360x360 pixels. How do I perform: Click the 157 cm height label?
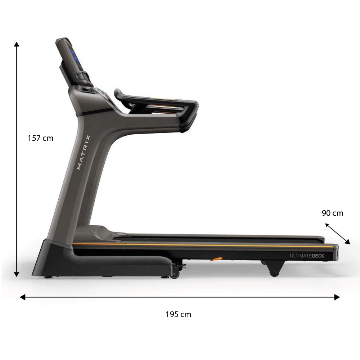point(40,138)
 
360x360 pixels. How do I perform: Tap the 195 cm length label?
point(178,314)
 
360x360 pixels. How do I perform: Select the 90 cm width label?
point(332,213)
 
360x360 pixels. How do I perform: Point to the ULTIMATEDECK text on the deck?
point(307,256)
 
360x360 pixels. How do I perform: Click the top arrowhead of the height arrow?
point(16,44)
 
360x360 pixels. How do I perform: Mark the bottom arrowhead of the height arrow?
point(16,274)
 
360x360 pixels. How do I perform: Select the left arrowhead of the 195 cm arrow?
point(22,297)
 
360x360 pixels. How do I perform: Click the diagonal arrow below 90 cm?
point(337,234)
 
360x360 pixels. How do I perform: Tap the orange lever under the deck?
point(217,259)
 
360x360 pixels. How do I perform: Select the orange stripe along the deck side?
point(202,246)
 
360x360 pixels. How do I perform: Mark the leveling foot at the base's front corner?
point(48,278)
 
